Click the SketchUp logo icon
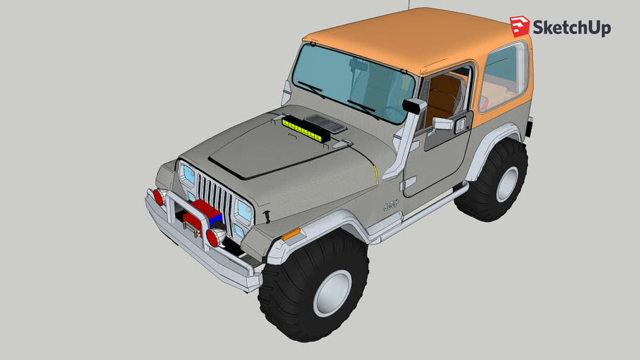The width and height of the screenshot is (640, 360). tap(520, 27)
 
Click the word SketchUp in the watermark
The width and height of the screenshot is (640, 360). tap(571, 28)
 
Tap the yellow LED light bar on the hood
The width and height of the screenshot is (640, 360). tap(306, 129)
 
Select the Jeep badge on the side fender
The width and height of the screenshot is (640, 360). tap(390, 206)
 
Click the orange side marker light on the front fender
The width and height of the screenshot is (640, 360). tap(290, 233)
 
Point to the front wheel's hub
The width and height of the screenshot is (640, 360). tap(332, 291)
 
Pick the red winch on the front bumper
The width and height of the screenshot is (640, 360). tap(200, 214)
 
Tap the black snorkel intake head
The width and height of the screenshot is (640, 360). tap(414, 106)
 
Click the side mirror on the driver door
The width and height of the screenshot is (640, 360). tap(442, 124)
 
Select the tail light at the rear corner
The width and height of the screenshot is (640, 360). tap(530, 126)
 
